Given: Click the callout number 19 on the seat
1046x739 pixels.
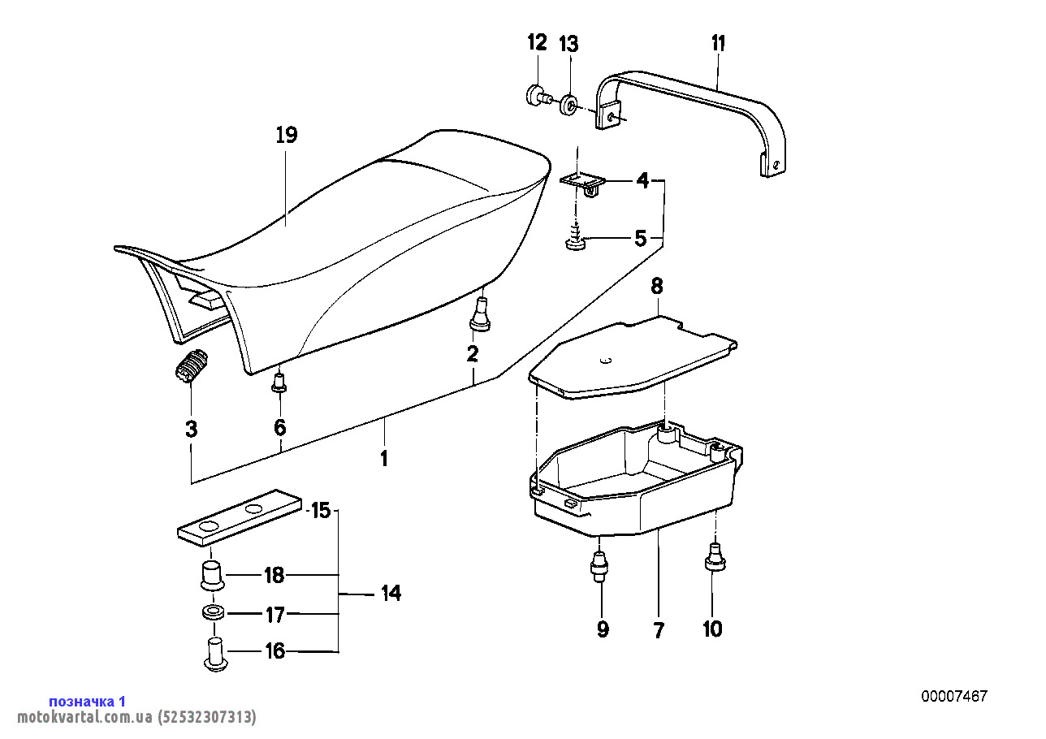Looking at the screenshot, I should click(286, 135).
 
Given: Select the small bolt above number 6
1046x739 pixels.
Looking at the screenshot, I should click(279, 382).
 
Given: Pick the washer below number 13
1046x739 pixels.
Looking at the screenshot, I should click(569, 105).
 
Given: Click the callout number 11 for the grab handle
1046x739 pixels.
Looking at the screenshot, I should click(718, 43).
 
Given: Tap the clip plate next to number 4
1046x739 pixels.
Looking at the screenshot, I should click(581, 183).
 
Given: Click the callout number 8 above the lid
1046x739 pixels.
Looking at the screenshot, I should click(656, 286).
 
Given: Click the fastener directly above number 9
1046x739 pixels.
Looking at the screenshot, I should click(600, 564).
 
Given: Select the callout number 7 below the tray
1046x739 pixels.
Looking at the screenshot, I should click(658, 629).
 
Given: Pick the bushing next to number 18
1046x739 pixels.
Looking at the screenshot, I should click(213, 575).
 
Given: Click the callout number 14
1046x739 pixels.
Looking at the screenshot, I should click(391, 593).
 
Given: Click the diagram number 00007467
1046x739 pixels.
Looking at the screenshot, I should click(953, 696).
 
